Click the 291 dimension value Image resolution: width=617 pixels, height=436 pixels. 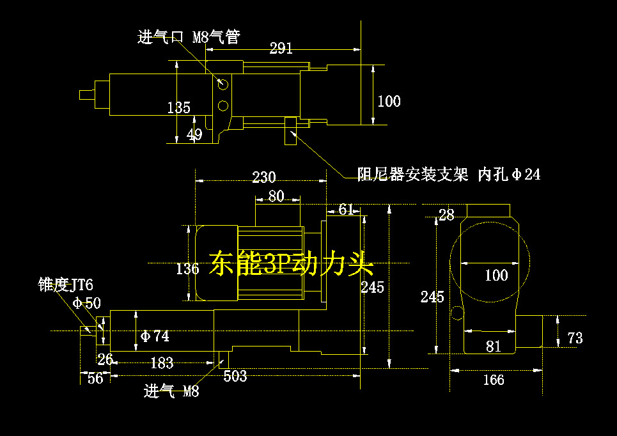point(281,49)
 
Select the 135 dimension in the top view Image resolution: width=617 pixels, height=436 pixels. point(178,107)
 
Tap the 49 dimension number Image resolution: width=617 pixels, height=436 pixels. point(194,135)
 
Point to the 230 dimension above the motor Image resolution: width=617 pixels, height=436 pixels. point(263,177)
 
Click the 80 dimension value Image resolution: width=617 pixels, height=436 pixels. point(276,196)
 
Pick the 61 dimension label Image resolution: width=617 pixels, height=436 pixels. point(346,209)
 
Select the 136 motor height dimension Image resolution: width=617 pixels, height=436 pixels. point(187,269)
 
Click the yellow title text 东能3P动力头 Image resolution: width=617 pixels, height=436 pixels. point(290,263)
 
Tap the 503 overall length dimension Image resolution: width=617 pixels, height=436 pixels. point(235,377)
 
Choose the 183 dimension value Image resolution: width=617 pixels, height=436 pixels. point(162,363)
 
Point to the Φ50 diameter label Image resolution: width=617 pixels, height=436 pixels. point(87,303)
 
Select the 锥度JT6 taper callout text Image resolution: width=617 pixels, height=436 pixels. point(66,285)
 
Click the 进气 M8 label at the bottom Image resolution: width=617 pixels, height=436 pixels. point(171,391)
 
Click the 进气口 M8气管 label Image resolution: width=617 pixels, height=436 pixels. point(189,37)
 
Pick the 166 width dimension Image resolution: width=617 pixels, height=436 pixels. point(493,380)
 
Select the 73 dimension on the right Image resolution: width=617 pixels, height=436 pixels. point(575,338)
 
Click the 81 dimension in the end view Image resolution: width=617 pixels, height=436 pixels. point(493,346)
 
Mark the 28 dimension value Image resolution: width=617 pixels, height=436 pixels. point(446,215)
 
